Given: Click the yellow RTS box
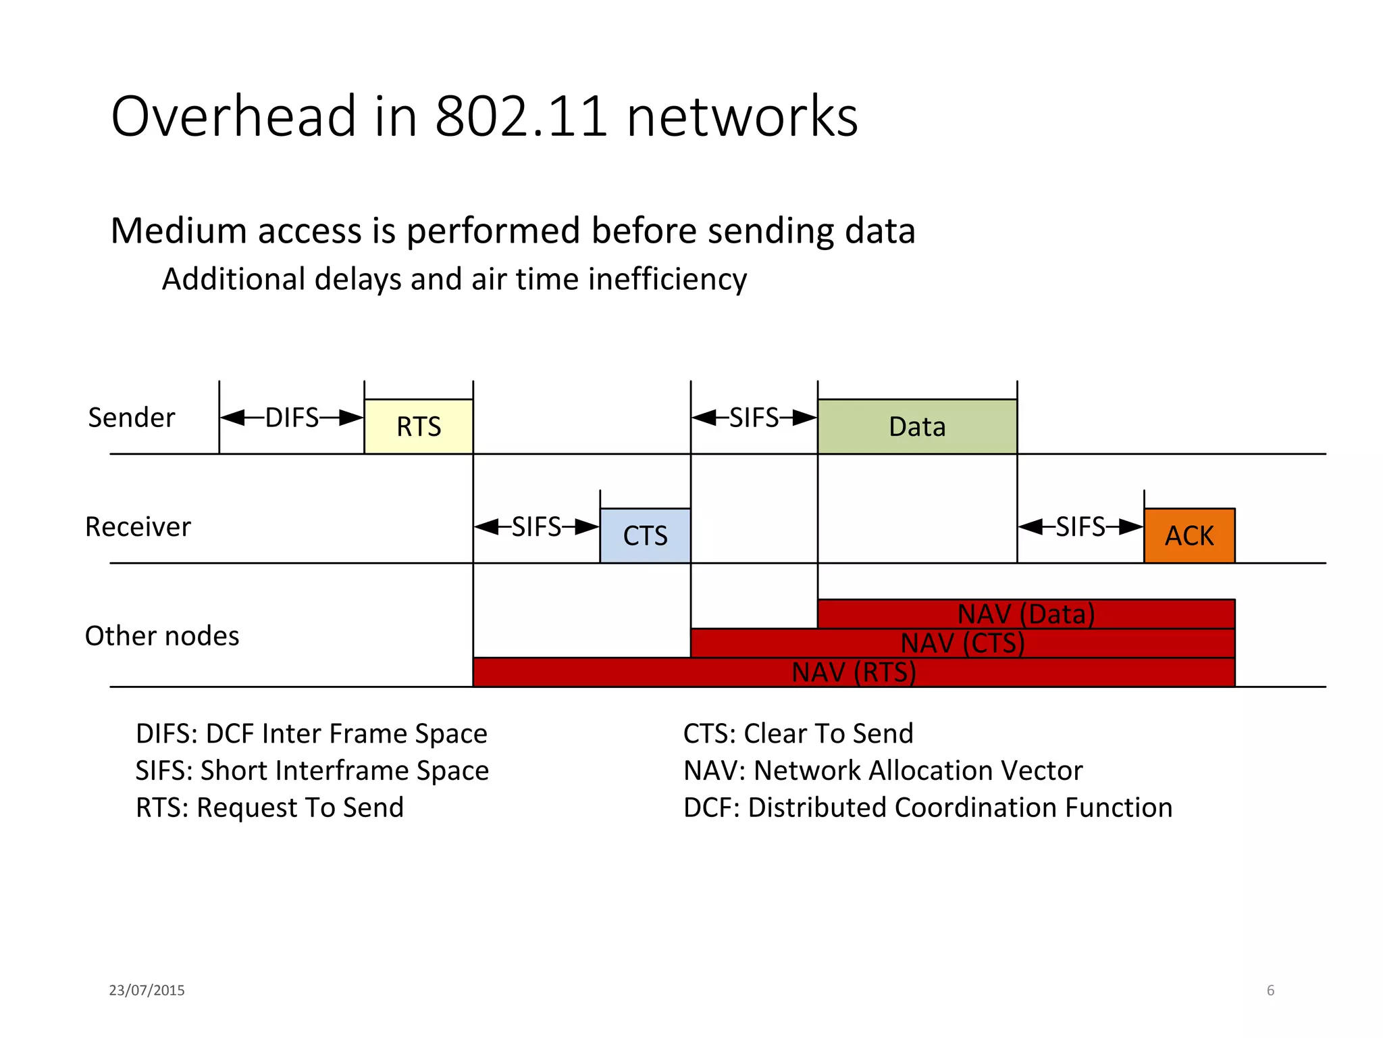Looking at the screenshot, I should [418, 426].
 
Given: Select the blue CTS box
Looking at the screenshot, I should [645, 535].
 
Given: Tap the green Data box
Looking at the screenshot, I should [916, 426].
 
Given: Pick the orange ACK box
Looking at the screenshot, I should [1189, 535].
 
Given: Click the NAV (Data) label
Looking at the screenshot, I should [1026, 614].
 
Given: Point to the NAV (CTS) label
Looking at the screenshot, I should [962, 643].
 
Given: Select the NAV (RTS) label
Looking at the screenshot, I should [854, 672].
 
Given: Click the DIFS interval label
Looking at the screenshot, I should [292, 418].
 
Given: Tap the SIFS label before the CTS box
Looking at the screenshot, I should [536, 526].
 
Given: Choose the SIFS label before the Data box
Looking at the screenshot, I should [754, 418].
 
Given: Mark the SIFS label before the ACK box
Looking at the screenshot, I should [1080, 526].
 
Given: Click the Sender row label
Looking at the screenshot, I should [132, 418].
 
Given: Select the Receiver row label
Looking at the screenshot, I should [138, 526].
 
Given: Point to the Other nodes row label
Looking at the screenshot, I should [162, 636].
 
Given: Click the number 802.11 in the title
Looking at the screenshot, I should [521, 116].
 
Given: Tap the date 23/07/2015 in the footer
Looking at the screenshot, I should [147, 990].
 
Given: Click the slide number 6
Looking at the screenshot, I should [1270, 990].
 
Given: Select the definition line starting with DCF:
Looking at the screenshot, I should [927, 808].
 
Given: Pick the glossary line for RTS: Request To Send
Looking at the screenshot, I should [269, 808].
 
